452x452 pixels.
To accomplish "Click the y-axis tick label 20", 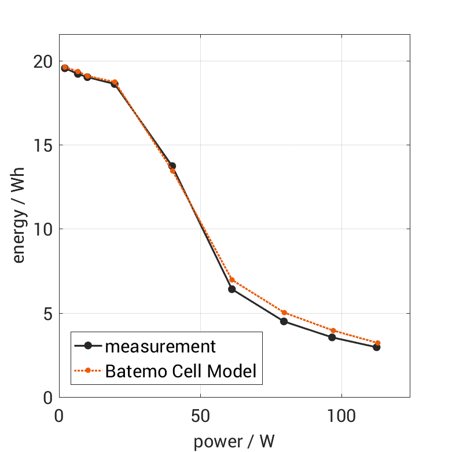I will click(42, 61).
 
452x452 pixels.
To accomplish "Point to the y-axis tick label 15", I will click(42, 145).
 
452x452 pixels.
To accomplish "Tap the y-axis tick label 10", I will click(42, 230).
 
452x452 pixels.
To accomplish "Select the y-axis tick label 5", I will click(47, 314).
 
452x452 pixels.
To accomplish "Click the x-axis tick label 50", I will click(200, 417).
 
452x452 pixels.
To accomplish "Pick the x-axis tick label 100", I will click(341, 417).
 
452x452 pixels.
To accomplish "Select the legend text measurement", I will click(160, 347).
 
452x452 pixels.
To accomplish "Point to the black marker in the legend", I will click(88, 346).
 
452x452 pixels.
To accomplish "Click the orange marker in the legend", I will click(88, 370).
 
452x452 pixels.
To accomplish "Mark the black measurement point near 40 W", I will click(172, 166).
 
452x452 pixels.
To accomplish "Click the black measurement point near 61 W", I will click(232, 289).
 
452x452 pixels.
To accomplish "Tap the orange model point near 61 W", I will click(232, 280).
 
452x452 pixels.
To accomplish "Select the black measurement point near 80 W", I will click(284, 321).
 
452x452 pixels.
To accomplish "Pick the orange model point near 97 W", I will click(333, 330).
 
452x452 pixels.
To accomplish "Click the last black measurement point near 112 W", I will click(376, 347).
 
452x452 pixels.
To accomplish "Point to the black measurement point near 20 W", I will click(115, 84).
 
